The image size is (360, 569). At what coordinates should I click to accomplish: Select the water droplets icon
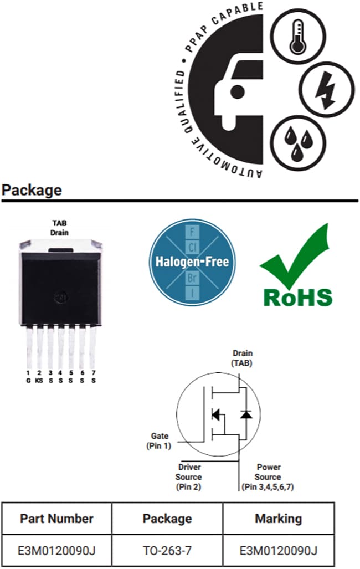click(x=299, y=142)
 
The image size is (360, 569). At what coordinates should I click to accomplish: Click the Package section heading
click(x=32, y=190)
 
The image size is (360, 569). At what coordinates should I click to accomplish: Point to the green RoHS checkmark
click(x=300, y=257)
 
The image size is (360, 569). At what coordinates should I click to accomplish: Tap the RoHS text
click(x=298, y=297)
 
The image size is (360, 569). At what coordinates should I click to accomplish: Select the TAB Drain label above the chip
click(x=59, y=229)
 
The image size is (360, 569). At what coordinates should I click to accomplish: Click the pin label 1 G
click(x=28, y=377)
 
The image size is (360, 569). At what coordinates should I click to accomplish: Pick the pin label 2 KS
click(x=39, y=377)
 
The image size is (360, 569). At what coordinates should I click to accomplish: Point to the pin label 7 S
click(x=93, y=377)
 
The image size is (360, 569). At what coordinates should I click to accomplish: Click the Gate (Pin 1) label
click(x=159, y=440)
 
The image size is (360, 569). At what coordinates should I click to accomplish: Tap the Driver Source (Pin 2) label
click(x=188, y=477)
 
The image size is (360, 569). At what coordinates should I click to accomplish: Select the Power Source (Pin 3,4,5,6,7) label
click(x=269, y=477)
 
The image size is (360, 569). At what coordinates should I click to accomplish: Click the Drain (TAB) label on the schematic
click(x=242, y=358)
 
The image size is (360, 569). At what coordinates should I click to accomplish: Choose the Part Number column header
click(x=56, y=519)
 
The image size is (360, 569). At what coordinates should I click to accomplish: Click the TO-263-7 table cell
click(x=167, y=550)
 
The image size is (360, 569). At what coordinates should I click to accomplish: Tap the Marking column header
click(x=278, y=519)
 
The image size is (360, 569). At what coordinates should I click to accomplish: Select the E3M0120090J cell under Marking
click(x=278, y=550)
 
